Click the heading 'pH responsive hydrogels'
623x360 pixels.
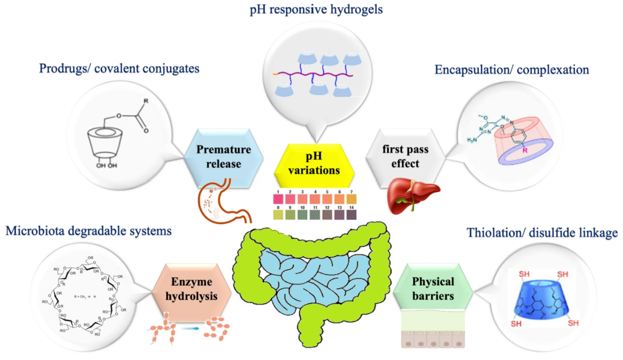point(316,9)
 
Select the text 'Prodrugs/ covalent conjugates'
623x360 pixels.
point(120,68)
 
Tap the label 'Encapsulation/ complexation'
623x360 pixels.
point(512,70)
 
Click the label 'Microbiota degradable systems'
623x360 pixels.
point(89,230)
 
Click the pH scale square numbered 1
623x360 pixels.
point(278,199)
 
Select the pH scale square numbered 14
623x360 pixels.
point(351,215)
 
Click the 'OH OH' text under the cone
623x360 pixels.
point(107,166)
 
